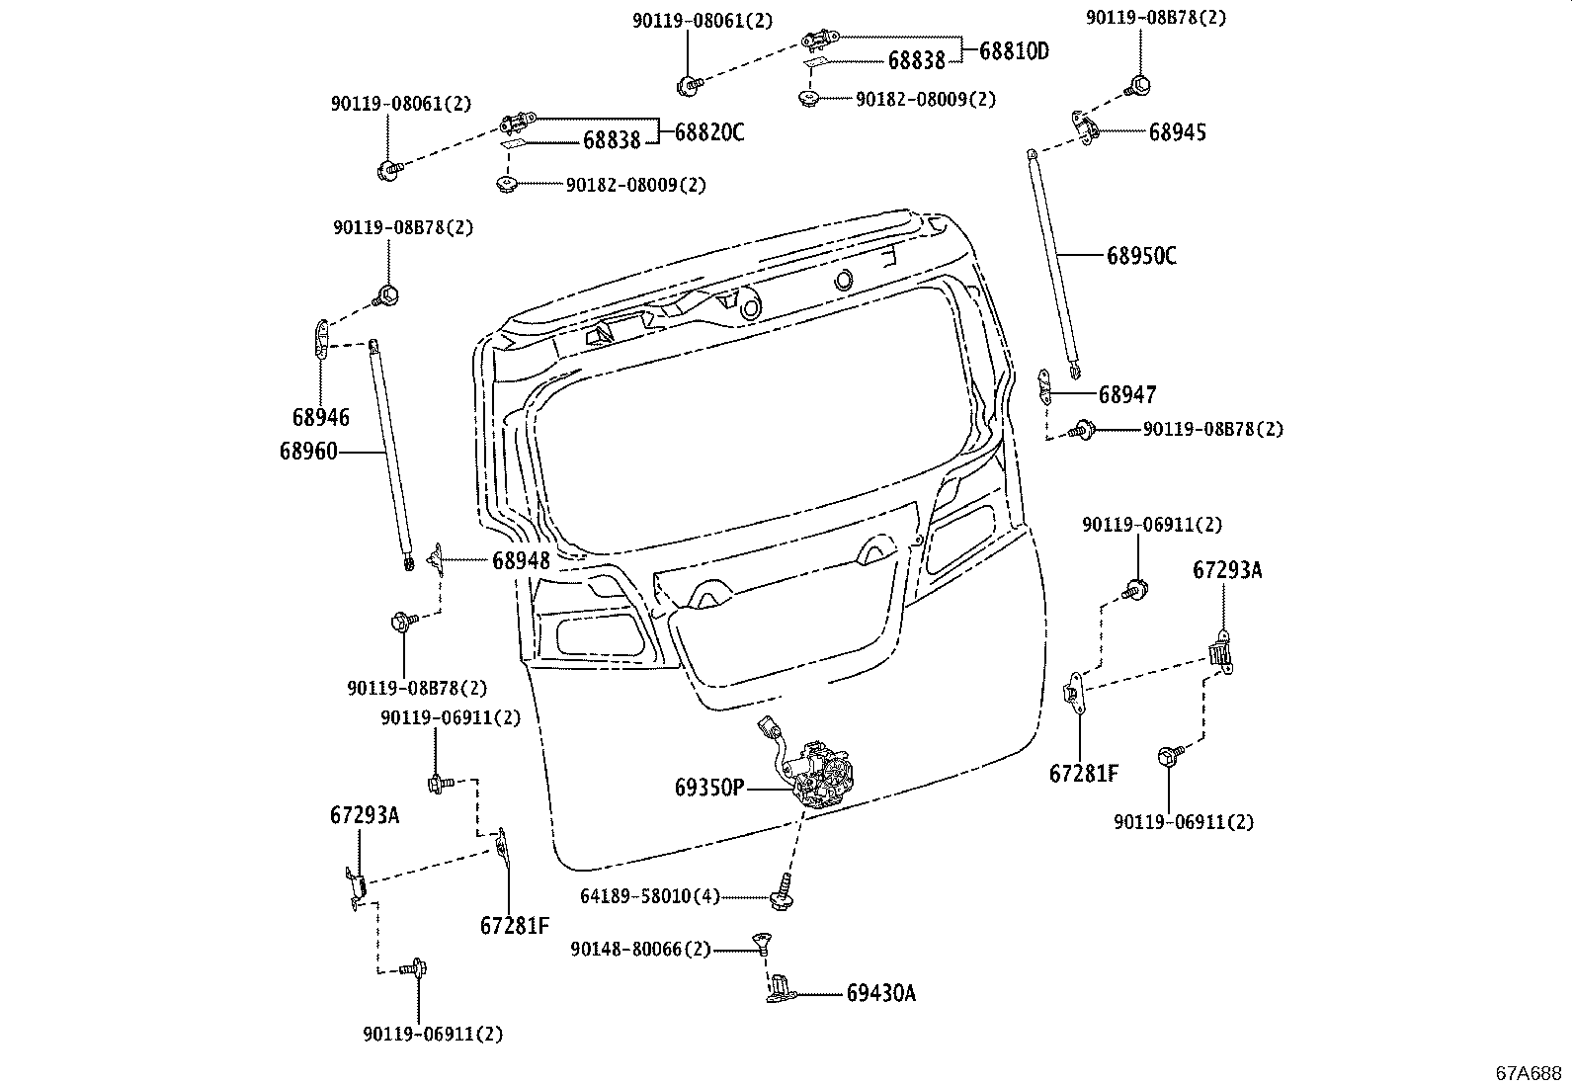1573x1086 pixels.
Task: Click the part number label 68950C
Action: [1141, 256]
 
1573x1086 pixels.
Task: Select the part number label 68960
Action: [308, 452]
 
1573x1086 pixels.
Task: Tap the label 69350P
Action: [709, 788]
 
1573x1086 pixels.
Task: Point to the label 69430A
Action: [880, 993]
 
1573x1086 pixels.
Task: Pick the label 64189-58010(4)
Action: [649, 896]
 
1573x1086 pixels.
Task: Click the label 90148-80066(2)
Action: [640, 949]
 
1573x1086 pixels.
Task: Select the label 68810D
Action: [1014, 51]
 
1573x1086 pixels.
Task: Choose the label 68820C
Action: [709, 132]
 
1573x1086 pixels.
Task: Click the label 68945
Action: [1177, 132]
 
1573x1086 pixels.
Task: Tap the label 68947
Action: [1127, 395]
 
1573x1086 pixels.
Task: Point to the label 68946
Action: [320, 418]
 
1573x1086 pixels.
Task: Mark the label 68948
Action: [521, 560]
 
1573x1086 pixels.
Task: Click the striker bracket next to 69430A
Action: [779, 988]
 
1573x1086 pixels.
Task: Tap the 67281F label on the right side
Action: [1084, 773]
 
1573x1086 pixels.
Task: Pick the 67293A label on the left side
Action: [365, 815]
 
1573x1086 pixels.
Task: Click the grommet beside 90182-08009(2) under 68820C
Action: [508, 184]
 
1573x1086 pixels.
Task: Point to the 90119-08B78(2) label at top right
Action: [1156, 18]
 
